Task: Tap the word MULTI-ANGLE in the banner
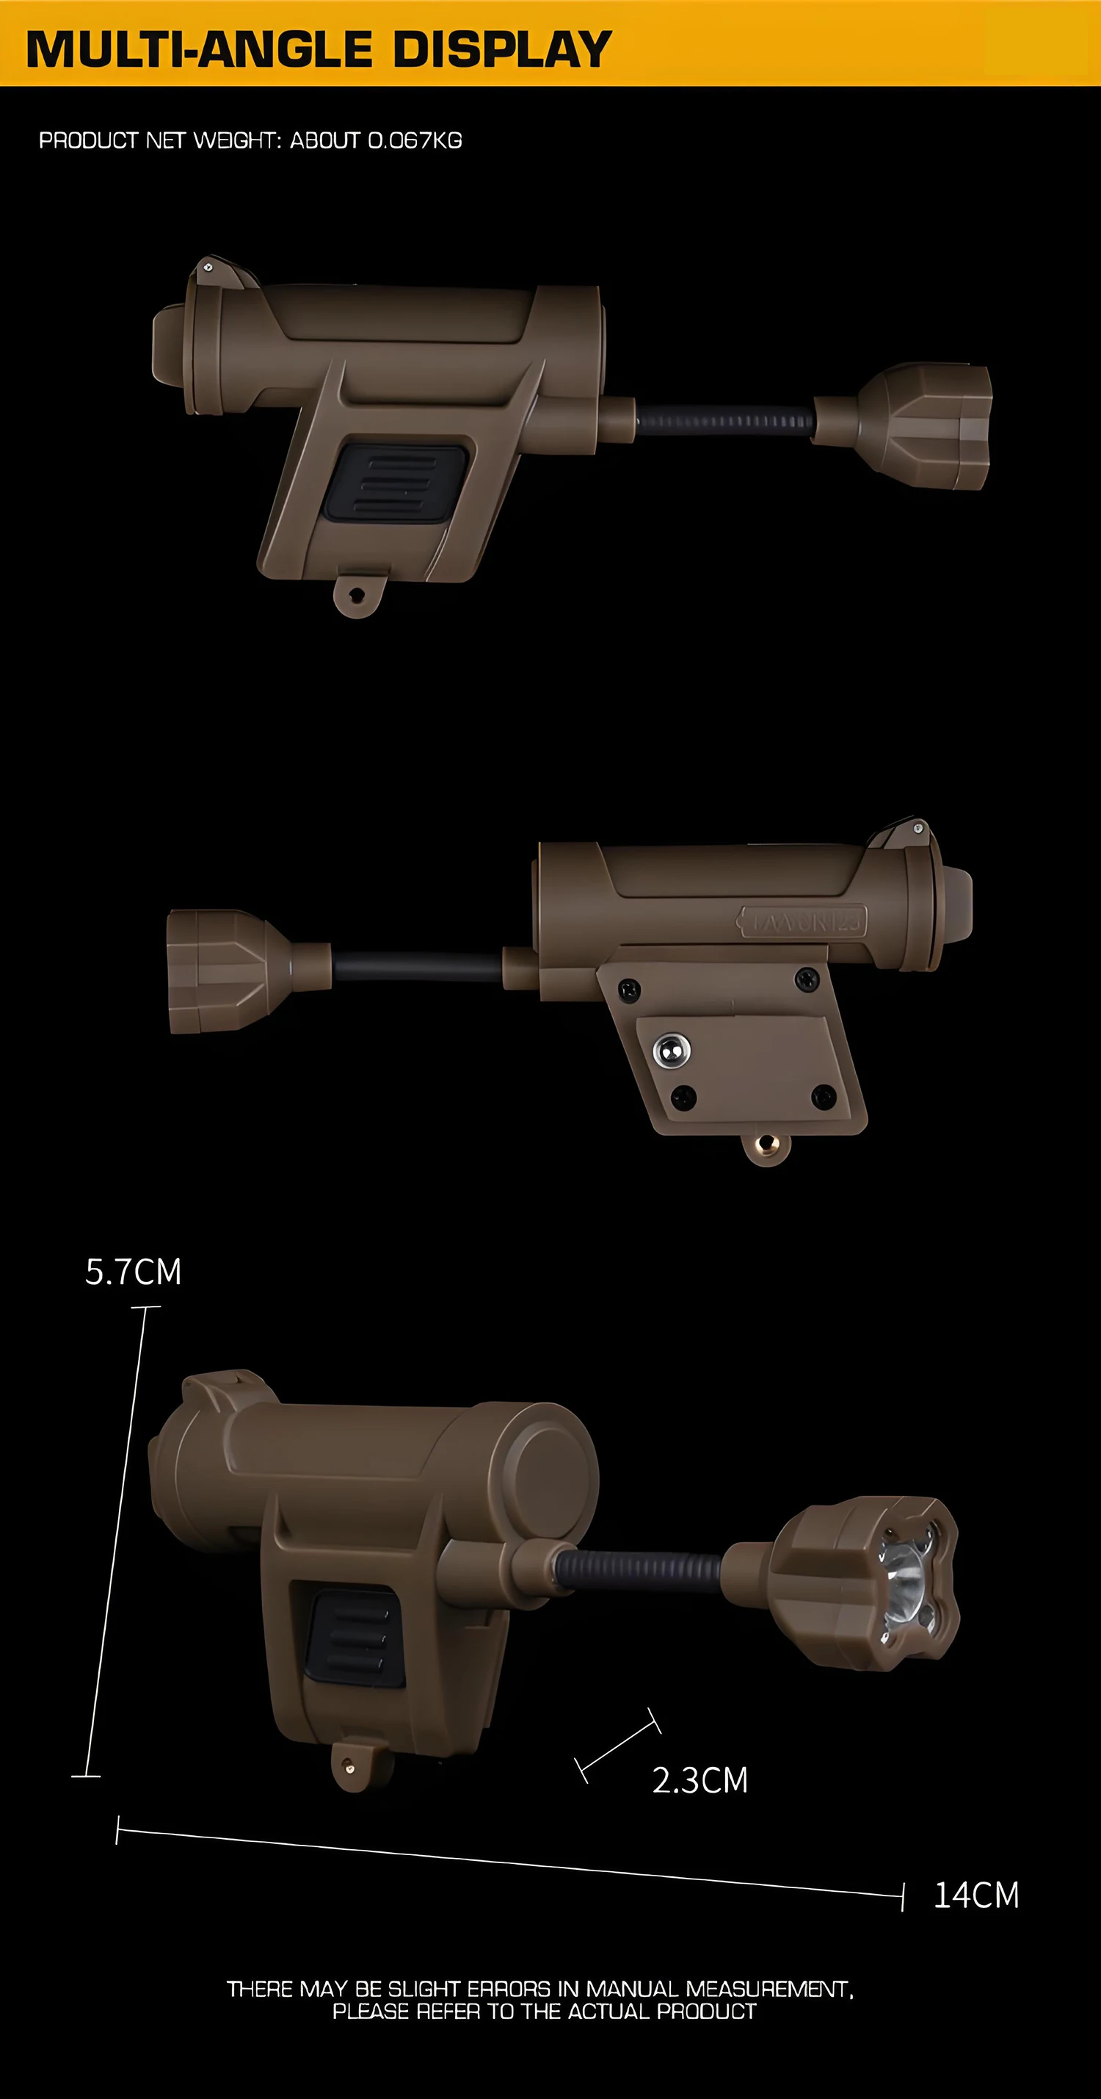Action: click(200, 49)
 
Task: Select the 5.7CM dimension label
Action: click(134, 1272)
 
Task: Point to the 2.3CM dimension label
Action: click(700, 1780)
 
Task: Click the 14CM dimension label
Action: click(976, 1895)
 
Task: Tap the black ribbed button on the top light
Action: click(396, 483)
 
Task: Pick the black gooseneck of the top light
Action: click(724, 421)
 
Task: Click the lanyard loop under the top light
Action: click(357, 596)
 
